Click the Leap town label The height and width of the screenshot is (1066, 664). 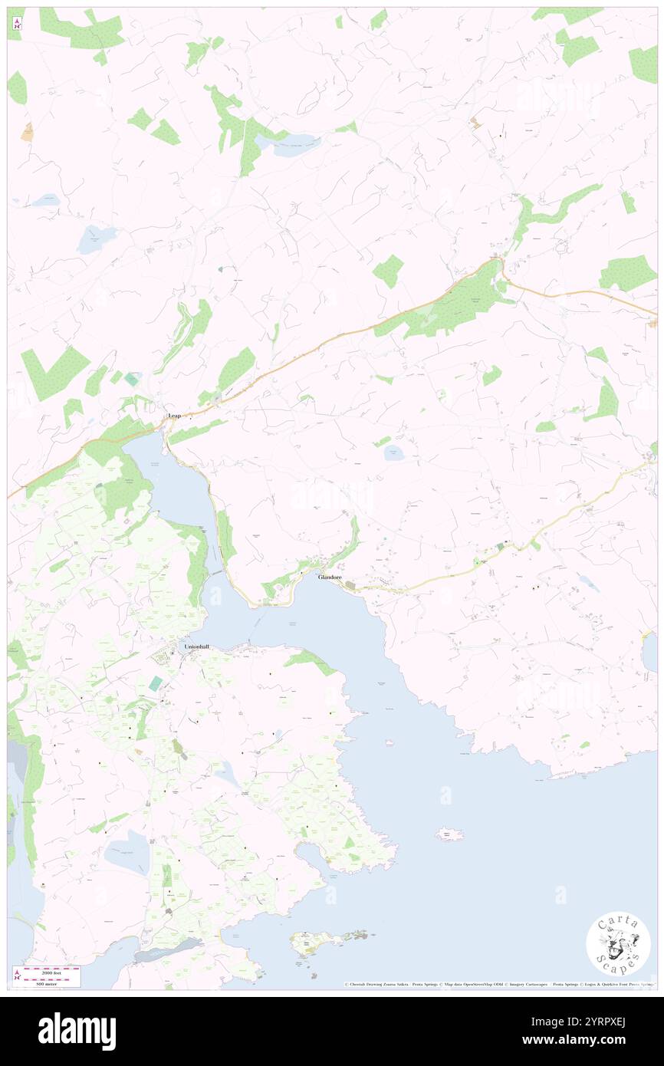pyautogui.click(x=175, y=416)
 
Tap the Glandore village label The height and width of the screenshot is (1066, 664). pyautogui.click(x=330, y=577)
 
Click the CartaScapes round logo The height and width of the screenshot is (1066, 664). pyautogui.click(x=618, y=945)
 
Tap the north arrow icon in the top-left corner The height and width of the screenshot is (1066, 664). pyautogui.click(x=16, y=25)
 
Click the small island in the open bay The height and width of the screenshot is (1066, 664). pyautogui.click(x=449, y=834)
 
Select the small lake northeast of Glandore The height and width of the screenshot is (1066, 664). pyautogui.click(x=394, y=452)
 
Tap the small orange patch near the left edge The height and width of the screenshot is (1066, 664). pyautogui.click(x=28, y=131)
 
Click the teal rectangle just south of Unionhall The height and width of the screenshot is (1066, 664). pyautogui.click(x=156, y=683)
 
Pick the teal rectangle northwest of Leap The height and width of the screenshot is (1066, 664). pyautogui.click(x=133, y=379)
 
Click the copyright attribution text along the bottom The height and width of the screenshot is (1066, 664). pyautogui.click(x=498, y=984)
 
